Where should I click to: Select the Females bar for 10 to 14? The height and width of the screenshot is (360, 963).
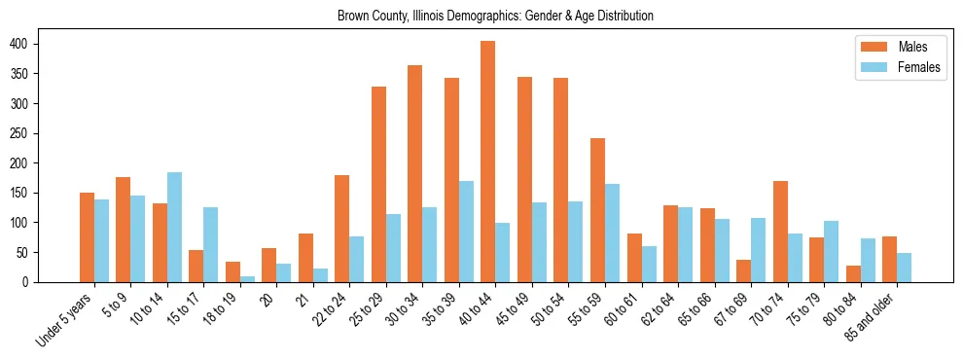click(x=174, y=227)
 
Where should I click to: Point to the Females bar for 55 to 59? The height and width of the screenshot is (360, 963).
click(x=613, y=233)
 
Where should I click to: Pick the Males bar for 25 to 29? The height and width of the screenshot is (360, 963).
click(x=378, y=184)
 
